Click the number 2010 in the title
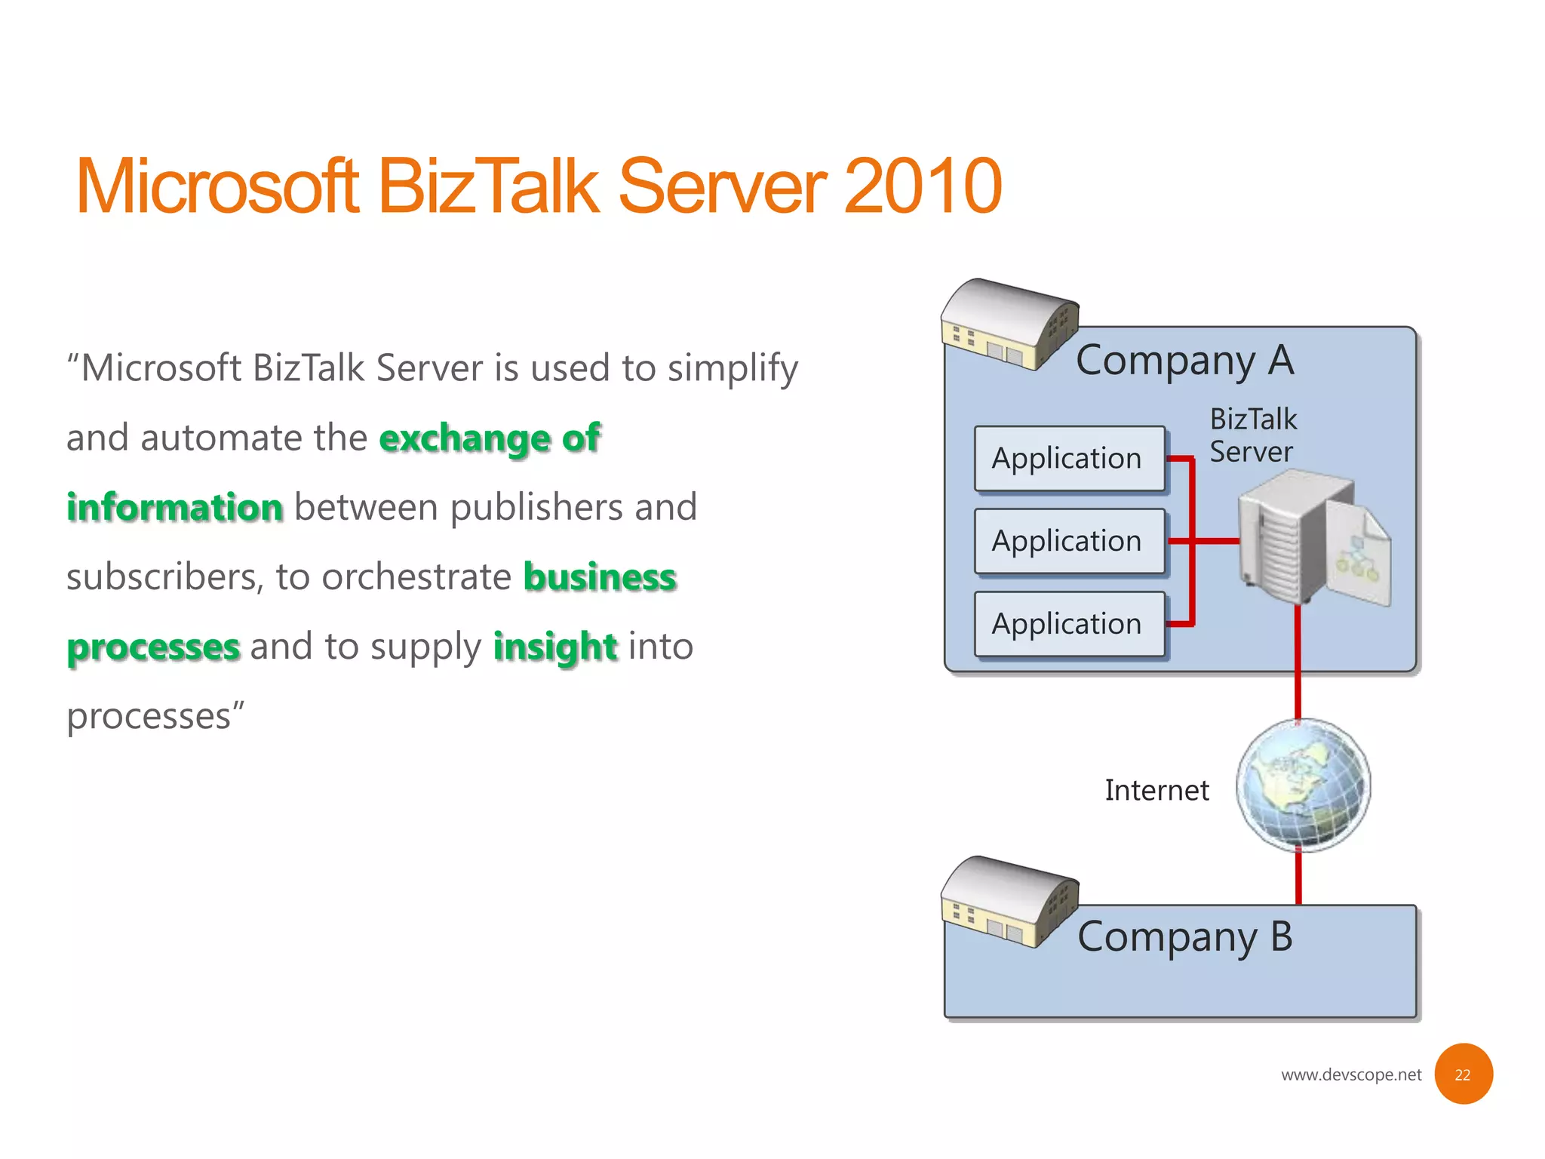pos(922,187)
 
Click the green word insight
pos(555,647)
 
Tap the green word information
pos(175,507)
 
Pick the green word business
pos(600,577)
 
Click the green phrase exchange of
pos(490,438)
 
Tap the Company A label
pos(1184,361)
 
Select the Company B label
pos(1184,937)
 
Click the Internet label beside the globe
pos(1156,790)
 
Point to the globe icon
pos(1303,785)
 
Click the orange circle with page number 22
pos(1462,1074)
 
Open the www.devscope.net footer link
pos(1350,1074)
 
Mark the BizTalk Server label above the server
pos(1252,435)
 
